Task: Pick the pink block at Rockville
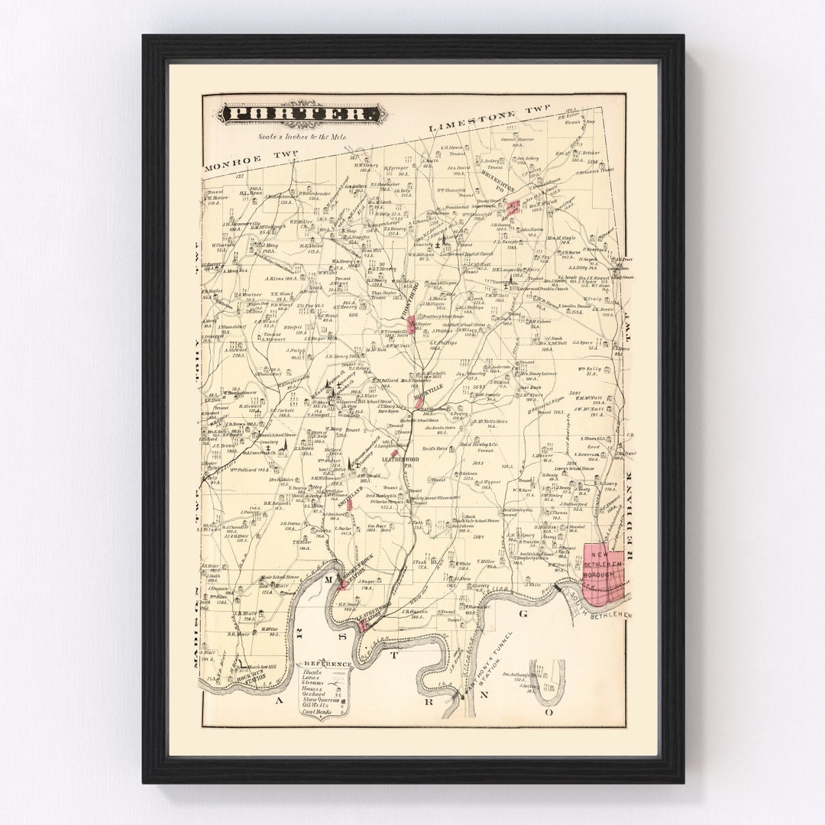[410, 324]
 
